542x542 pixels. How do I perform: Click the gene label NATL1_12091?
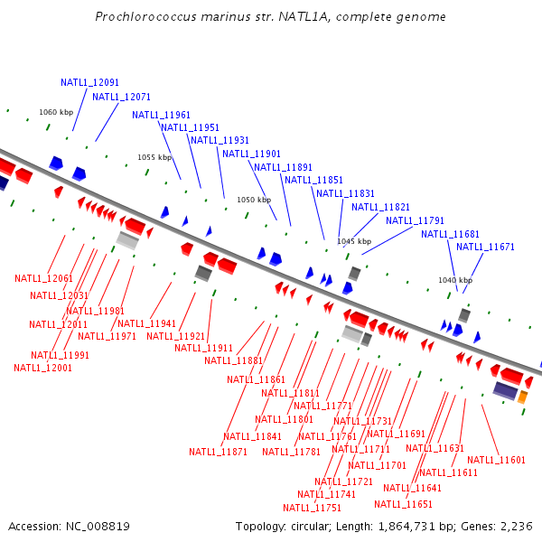(89, 82)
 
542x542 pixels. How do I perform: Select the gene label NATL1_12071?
(121, 97)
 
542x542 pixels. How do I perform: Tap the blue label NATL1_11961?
(161, 115)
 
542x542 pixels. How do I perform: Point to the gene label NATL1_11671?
(485, 247)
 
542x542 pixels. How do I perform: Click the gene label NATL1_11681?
(450, 234)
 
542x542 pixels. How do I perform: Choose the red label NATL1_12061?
(43, 277)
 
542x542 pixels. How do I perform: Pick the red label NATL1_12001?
(42, 368)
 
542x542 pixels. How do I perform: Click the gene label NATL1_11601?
(496, 460)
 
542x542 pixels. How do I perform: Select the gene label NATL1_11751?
(332, 508)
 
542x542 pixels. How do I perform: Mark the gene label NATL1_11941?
(146, 323)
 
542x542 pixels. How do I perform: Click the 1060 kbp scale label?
(56, 113)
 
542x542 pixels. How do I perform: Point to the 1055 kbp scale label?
(154, 157)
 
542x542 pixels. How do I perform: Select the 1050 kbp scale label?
(254, 200)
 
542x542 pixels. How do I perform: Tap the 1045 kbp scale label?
(354, 241)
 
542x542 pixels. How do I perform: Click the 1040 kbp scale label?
(455, 280)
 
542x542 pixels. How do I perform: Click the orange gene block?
(522, 397)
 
